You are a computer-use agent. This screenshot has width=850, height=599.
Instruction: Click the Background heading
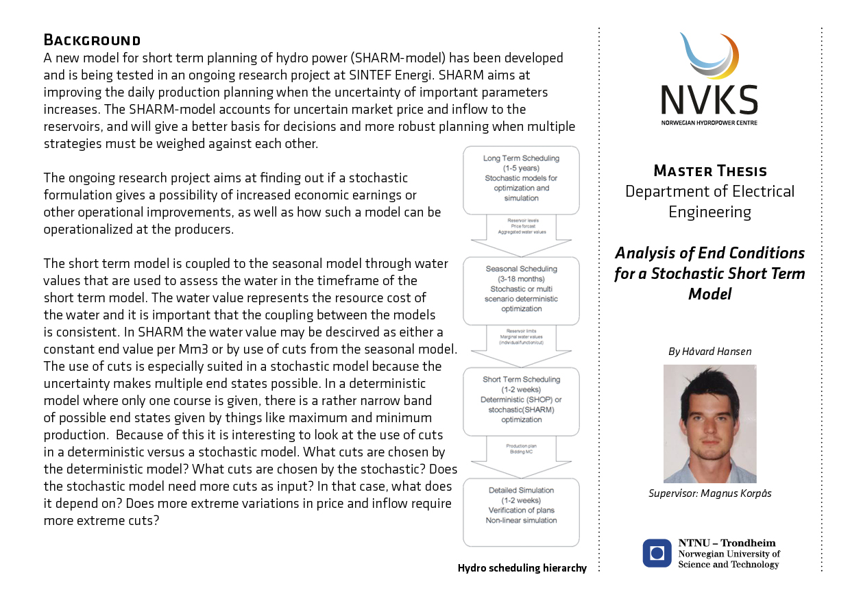(92, 40)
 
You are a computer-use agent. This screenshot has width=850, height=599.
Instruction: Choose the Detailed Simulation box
(521, 511)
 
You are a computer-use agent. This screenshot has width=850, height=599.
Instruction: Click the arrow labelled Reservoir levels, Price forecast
(521, 229)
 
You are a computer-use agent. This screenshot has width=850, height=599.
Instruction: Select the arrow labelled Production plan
(521, 450)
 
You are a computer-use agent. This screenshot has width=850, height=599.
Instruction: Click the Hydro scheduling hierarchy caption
(522, 568)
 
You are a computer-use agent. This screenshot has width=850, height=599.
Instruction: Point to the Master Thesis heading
(710, 171)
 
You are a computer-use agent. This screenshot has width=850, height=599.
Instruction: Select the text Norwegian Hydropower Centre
(709, 123)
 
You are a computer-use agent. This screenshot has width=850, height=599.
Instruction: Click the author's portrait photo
(709, 424)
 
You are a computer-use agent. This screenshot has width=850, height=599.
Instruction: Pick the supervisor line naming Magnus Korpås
(709, 493)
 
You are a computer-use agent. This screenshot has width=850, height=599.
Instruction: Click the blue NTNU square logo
(657, 553)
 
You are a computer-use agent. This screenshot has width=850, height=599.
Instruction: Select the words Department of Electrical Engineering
(709, 201)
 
